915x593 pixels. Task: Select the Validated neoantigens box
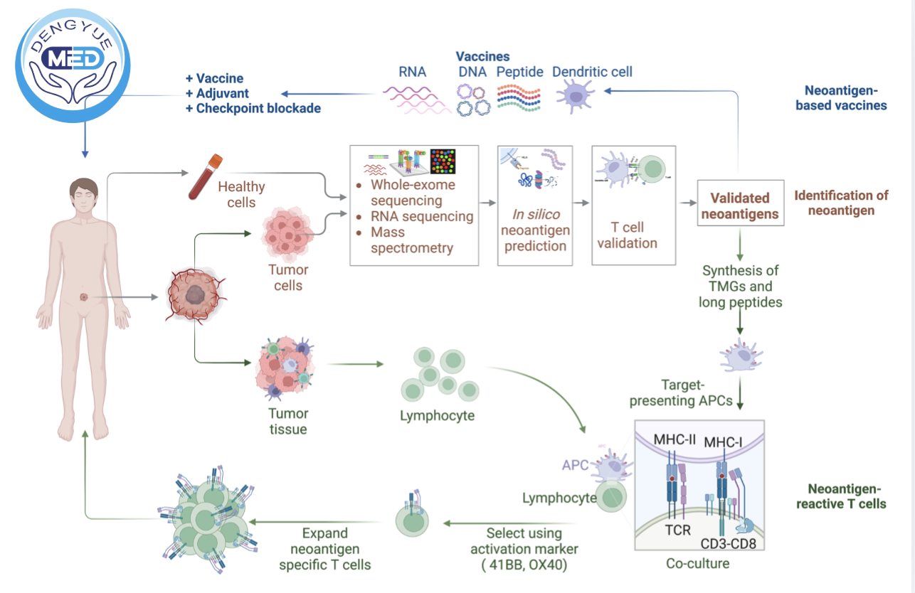740,205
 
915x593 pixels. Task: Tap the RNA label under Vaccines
413,72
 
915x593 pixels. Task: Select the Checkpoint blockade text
253,109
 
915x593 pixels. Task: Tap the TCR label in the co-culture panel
677,530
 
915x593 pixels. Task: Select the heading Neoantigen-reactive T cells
847,496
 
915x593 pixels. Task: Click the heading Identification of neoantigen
841,203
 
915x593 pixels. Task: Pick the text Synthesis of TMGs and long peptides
740,287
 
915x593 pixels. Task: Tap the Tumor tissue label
288,421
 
